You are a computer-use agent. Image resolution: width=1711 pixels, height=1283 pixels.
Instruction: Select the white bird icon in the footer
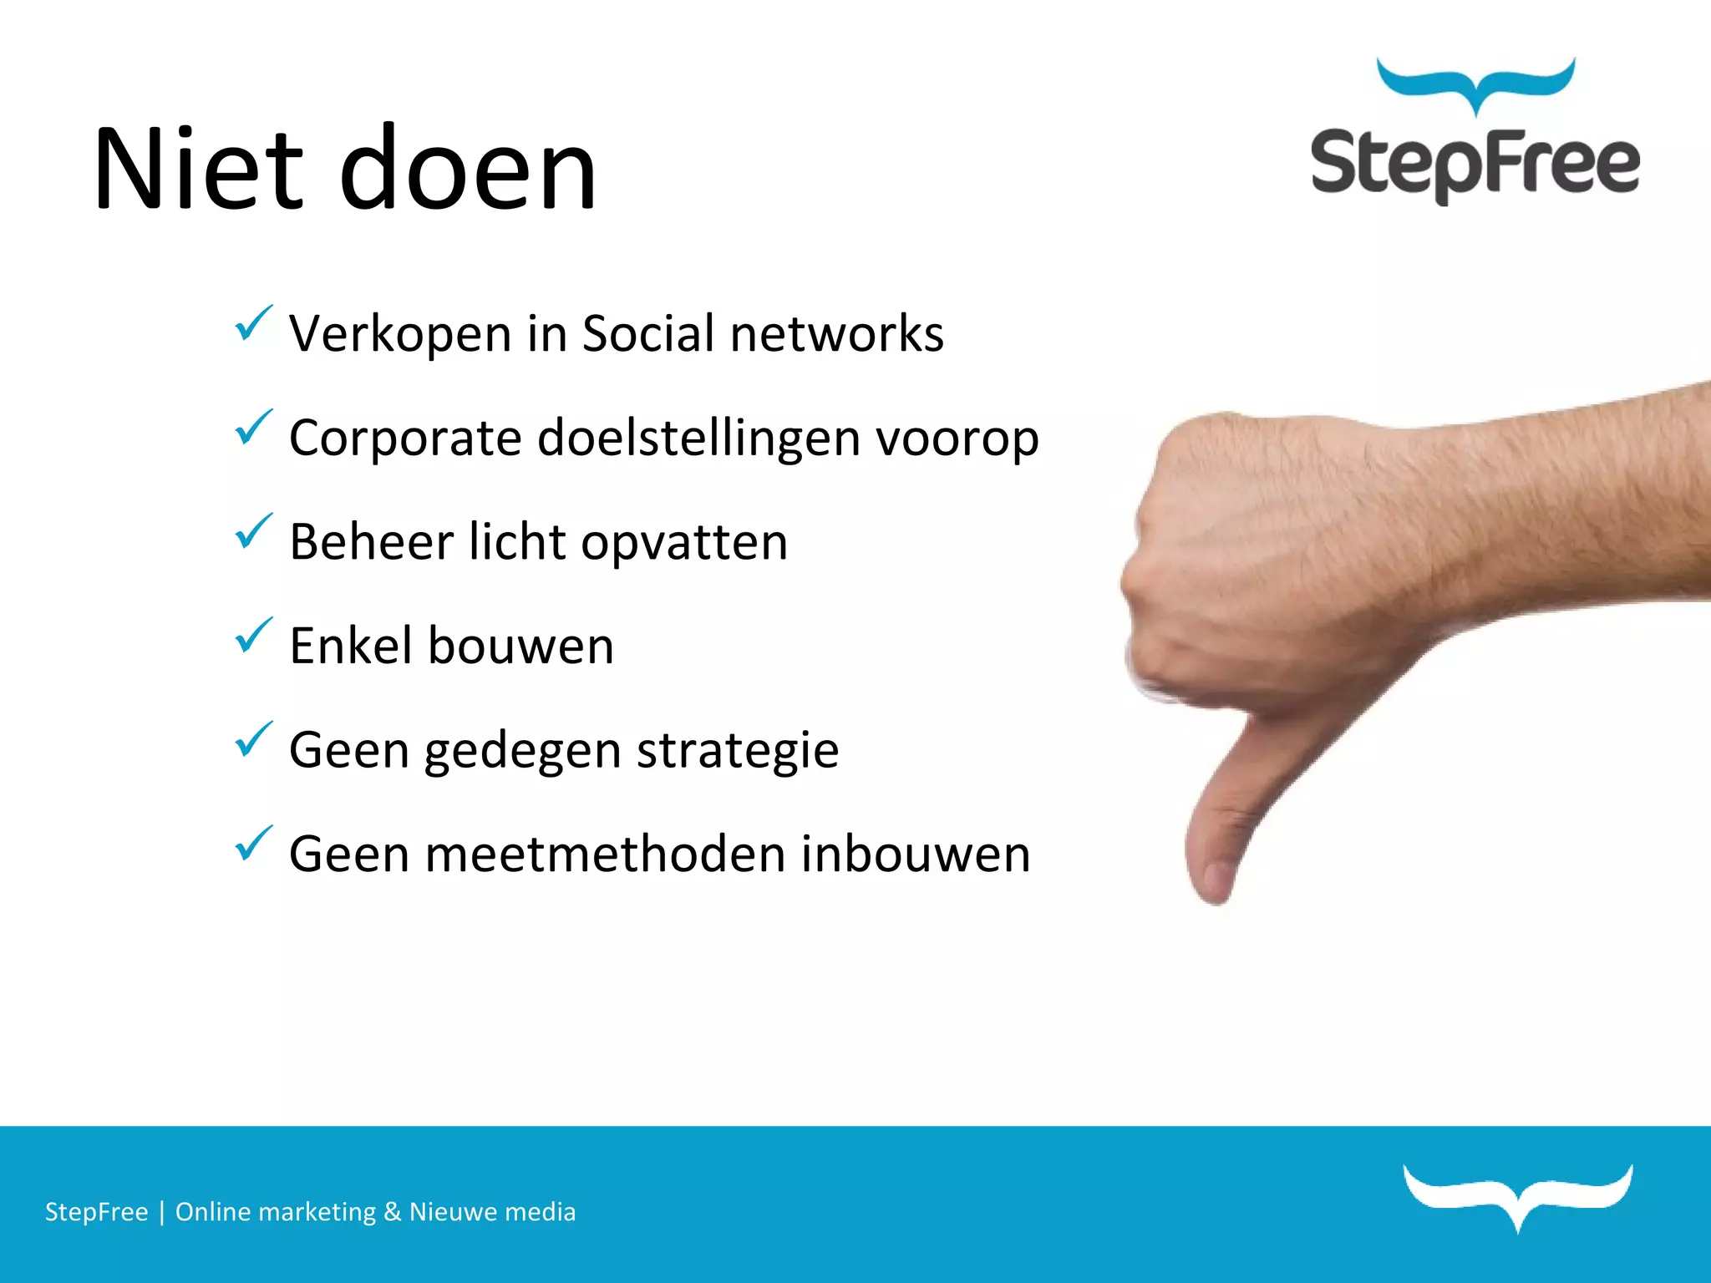[1518, 1195]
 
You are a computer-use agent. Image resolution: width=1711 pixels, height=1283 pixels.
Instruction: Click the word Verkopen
[400, 334]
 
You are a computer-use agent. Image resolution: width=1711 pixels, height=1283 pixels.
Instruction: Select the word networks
[837, 334]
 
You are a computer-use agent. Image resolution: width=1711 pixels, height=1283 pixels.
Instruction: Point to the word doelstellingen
[698, 439]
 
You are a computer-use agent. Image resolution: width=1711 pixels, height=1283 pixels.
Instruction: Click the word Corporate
[405, 439]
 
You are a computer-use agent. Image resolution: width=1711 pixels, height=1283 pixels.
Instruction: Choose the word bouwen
[520, 647]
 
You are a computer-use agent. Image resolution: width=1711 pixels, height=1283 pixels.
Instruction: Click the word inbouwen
[916, 854]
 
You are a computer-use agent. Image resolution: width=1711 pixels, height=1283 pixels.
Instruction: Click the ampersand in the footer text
[393, 1212]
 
